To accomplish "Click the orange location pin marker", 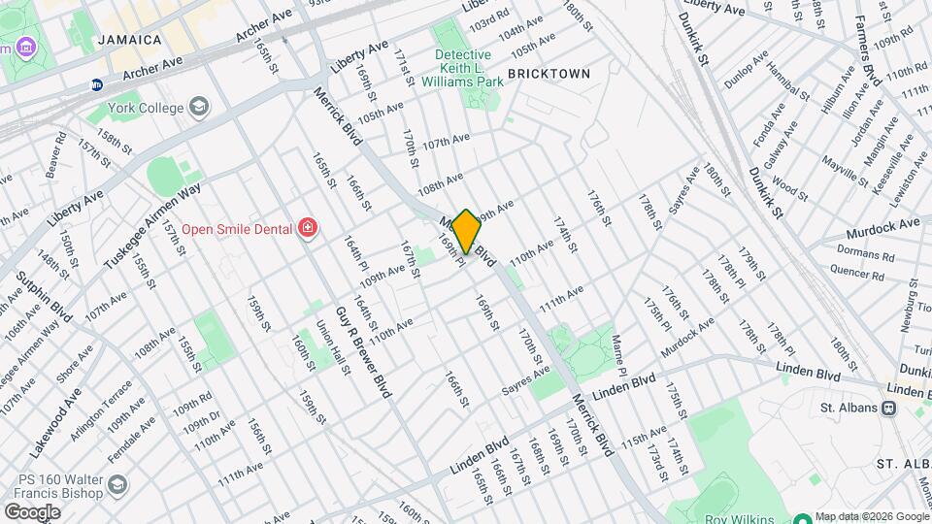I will tap(467, 232).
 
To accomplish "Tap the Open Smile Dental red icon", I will tap(309, 228).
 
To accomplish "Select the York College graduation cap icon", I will tap(199, 105).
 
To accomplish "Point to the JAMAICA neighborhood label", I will tap(130, 40).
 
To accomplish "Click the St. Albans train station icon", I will tap(887, 409).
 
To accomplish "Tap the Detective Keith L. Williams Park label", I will tap(469, 68).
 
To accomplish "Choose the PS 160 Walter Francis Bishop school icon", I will tap(117, 483).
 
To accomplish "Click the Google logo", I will tap(32, 511).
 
